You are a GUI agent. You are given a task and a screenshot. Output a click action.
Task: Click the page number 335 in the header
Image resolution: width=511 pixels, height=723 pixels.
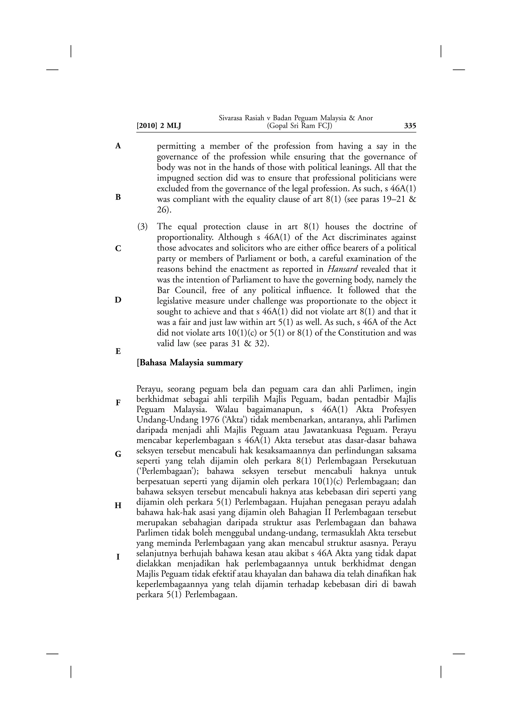click(x=410, y=126)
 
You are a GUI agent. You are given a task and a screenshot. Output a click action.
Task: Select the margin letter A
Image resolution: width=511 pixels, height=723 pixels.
click(x=118, y=146)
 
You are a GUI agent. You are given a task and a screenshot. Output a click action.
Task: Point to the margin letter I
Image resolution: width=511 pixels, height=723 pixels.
click(x=118, y=557)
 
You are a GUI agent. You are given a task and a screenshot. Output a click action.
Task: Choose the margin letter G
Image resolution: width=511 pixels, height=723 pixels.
click(x=118, y=454)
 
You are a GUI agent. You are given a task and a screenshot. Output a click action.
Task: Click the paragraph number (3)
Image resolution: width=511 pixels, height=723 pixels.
click(x=142, y=227)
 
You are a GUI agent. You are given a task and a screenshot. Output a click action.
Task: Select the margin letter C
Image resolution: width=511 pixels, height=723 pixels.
click(x=118, y=248)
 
